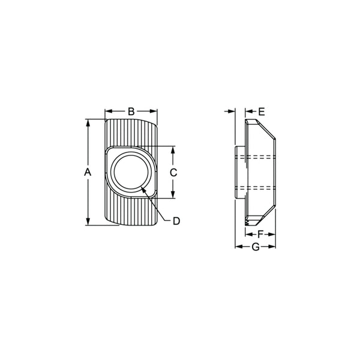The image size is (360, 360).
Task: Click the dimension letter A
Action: [x=87, y=172]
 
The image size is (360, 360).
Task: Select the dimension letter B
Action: [x=131, y=111]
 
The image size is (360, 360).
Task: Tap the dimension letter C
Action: [x=173, y=172]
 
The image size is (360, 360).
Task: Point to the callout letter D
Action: [x=176, y=221]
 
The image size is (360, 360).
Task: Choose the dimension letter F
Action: [x=260, y=233]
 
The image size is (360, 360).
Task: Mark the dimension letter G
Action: [x=255, y=247]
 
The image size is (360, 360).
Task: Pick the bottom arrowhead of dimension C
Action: [x=173, y=195]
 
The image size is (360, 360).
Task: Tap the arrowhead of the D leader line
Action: [x=143, y=188]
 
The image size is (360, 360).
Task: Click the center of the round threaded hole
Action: [x=131, y=172]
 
